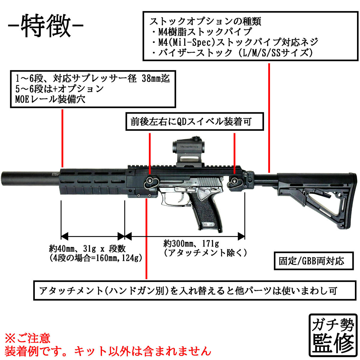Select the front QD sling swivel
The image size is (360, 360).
(x=150, y=181)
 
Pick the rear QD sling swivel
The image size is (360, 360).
(x=234, y=181)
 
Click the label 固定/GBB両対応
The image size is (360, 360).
(x=314, y=261)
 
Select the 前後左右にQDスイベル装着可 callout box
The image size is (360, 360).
(x=194, y=121)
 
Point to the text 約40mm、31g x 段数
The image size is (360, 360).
(x=87, y=249)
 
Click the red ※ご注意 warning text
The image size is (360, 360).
(x=28, y=338)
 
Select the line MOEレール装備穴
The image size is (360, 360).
(x=50, y=99)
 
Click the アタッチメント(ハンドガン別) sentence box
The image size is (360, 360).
(x=194, y=290)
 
